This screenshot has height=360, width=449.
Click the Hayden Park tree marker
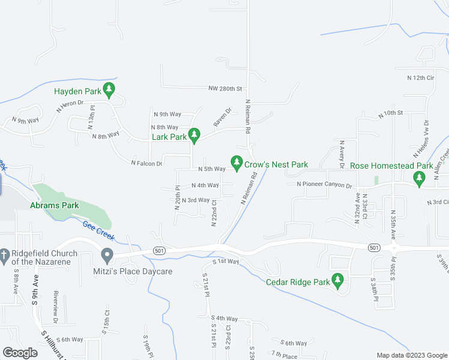[x=109, y=91]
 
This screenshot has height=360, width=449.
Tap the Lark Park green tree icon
[x=194, y=136]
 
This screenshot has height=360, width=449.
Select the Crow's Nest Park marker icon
[x=237, y=163]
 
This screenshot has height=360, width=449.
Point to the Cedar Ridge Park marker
[x=338, y=280]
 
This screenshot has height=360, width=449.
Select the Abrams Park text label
[x=54, y=205]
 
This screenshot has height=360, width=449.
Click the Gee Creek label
[x=98, y=230]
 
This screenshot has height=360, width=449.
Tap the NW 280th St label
[x=224, y=89]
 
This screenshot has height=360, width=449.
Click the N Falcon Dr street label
[x=146, y=163]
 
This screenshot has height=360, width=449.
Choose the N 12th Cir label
[x=420, y=78]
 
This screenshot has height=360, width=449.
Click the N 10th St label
[x=390, y=113]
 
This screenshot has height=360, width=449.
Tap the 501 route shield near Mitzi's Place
[x=158, y=250]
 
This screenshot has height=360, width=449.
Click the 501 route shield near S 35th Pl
[x=374, y=247]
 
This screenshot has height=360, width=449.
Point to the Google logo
[x=20, y=353]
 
